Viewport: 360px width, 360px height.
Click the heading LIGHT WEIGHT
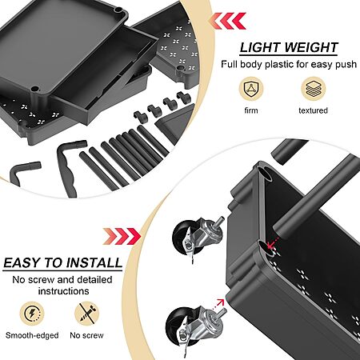pyautogui.click(x=289, y=48)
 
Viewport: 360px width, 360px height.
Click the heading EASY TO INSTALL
pyautogui.click(x=62, y=262)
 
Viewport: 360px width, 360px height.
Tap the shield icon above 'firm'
pyautogui.click(x=251, y=89)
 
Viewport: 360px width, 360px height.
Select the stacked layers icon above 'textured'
pyautogui.click(x=314, y=89)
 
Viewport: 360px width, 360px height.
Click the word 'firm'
pyautogui.click(x=251, y=110)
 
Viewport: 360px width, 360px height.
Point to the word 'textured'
pyautogui.click(x=313, y=110)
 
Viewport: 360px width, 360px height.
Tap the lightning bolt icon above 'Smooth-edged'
pyautogui.click(x=32, y=314)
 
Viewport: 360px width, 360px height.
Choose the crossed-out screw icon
pyautogui.click(x=86, y=314)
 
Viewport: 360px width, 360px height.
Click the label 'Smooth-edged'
pyautogui.click(x=32, y=335)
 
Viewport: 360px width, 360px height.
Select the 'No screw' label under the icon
pyautogui.click(x=86, y=335)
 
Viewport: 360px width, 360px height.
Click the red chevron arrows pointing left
pyautogui.click(x=228, y=21)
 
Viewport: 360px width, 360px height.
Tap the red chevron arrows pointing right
pyautogui.click(x=122, y=236)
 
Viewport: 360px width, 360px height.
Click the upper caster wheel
pyautogui.click(x=197, y=237)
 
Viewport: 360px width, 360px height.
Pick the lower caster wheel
pyautogui.click(x=194, y=327)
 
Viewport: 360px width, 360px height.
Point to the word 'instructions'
pyautogui.click(x=63, y=290)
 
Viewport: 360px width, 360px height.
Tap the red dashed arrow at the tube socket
pyautogui.click(x=273, y=242)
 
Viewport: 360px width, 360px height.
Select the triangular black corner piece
pyautogui.click(x=174, y=122)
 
